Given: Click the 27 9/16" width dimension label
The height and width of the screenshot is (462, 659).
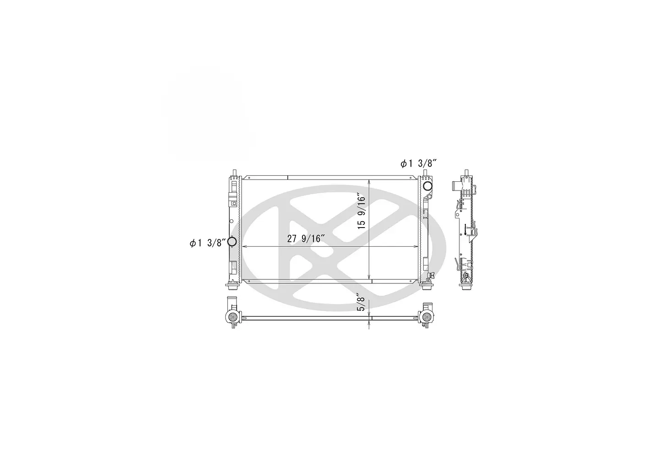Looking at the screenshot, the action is tap(306, 239).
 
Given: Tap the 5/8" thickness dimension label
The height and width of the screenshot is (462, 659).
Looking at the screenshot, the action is tap(361, 302).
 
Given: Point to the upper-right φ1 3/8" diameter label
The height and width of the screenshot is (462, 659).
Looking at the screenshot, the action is tap(418, 163).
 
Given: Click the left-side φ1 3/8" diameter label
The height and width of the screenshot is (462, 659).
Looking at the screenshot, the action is tap(208, 243).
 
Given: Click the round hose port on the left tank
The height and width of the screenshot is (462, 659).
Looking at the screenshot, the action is tap(232, 242).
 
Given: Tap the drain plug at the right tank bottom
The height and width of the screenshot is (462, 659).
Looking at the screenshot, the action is tap(431, 276).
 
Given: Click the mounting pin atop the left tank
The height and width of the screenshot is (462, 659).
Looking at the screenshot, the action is tap(234, 173).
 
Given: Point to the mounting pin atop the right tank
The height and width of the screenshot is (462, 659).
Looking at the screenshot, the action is tap(425, 173).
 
